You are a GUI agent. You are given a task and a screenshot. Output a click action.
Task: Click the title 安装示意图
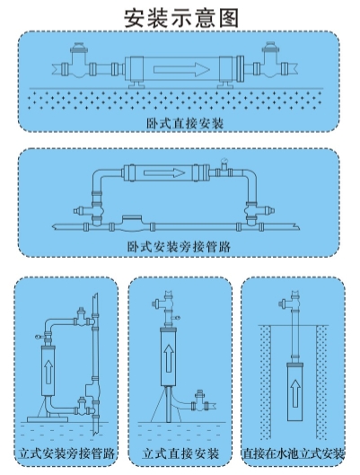(x=181, y=18)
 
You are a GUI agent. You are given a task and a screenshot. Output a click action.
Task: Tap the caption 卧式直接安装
(x=185, y=124)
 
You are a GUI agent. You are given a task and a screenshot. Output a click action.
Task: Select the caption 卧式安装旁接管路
(x=179, y=247)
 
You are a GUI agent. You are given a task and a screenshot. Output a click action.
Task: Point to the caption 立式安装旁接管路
(x=67, y=453)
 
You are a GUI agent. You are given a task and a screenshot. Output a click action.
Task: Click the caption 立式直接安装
(x=180, y=453)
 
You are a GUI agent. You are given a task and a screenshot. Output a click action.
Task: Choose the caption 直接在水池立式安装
(x=293, y=453)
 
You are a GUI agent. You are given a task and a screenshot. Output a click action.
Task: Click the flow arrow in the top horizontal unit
(x=181, y=69)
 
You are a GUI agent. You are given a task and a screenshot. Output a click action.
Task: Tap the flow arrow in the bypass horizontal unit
(x=164, y=173)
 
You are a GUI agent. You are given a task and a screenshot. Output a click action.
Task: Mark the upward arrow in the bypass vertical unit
(x=48, y=373)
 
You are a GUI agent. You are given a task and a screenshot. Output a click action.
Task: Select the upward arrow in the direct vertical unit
(x=169, y=358)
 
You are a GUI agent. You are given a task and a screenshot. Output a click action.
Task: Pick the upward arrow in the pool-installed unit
(x=295, y=393)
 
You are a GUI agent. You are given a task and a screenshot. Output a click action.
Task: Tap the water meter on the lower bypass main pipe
(x=131, y=224)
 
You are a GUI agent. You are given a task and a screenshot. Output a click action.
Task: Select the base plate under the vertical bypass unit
(x=48, y=419)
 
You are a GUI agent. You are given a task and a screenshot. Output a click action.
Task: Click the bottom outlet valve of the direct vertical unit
(x=200, y=401)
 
